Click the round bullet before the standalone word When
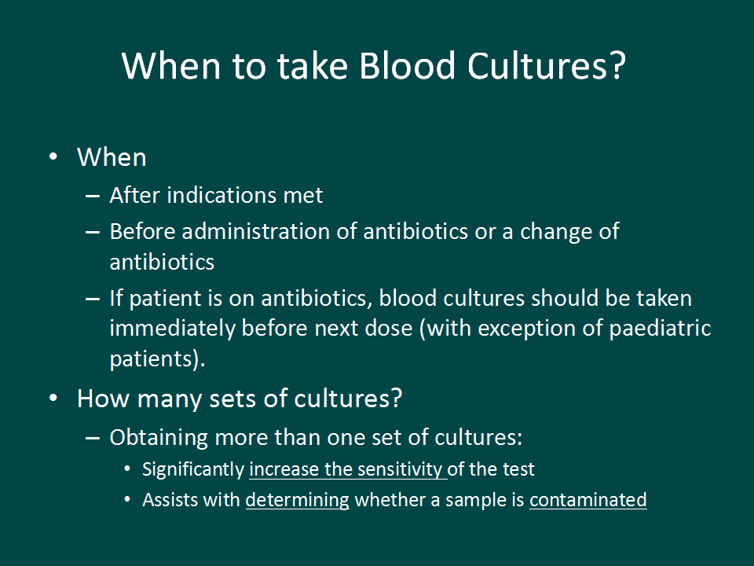[x=53, y=157]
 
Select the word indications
[x=221, y=195]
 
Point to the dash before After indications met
[x=93, y=196]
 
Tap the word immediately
[x=173, y=329]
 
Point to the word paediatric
[x=660, y=329]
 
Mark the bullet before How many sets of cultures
[x=53, y=399]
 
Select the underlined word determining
[x=297, y=501]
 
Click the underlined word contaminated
[x=588, y=500]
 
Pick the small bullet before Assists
[x=127, y=500]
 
